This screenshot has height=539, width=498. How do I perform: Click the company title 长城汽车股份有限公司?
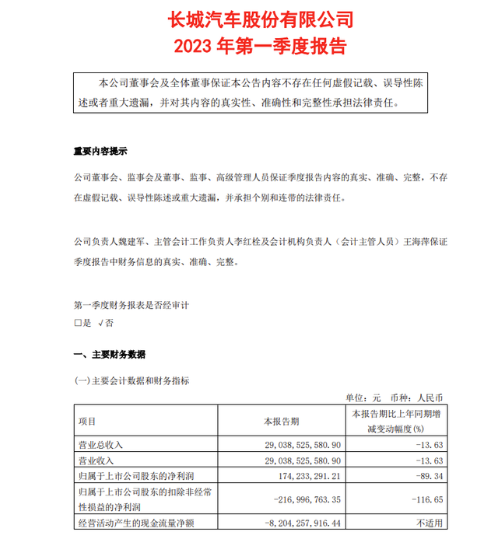click(x=248, y=18)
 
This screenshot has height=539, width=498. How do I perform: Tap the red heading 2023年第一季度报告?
click(x=248, y=44)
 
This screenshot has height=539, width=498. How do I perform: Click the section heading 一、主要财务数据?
click(x=109, y=355)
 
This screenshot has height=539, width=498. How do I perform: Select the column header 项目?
click(x=87, y=422)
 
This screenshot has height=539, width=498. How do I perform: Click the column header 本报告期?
click(x=280, y=422)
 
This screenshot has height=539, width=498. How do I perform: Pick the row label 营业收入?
click(x=96, y=461)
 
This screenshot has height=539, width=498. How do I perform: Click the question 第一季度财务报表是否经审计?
click(x=132, y=305)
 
